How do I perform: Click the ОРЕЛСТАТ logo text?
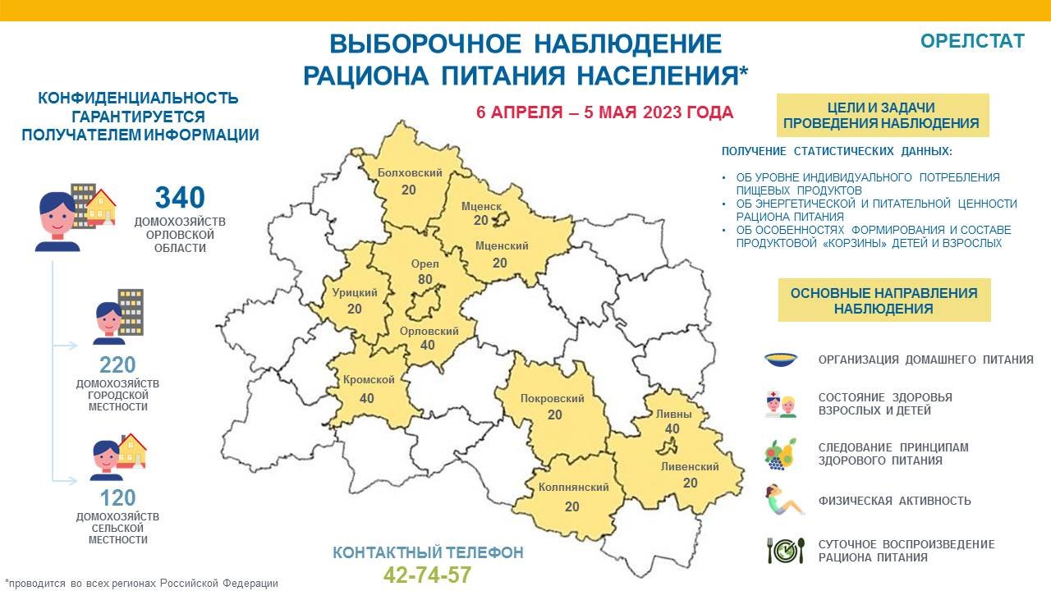click(972, 41)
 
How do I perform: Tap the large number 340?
click(180, 197)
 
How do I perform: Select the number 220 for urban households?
click(117, 364)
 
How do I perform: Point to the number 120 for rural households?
click(117, 497)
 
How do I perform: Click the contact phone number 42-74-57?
click(428, 575)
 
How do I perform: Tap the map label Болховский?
click(410, 172)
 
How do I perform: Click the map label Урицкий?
click(355, 293)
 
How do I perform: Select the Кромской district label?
click(369, 379)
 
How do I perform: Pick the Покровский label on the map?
click(553, 399)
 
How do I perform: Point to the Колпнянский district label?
click(573, 487)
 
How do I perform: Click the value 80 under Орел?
click(425, 280)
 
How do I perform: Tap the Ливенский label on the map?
click(690, 466)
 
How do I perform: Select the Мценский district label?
click(502, 245)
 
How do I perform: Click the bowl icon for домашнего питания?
click(781, 360)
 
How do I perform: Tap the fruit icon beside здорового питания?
click(781, 454)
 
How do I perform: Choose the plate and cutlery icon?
click(787, 550)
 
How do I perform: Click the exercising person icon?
click(784, 500)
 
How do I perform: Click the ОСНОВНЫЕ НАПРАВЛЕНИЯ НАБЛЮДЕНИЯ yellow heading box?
click(884, 300)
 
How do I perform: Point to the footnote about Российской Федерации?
click(141, 584)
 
